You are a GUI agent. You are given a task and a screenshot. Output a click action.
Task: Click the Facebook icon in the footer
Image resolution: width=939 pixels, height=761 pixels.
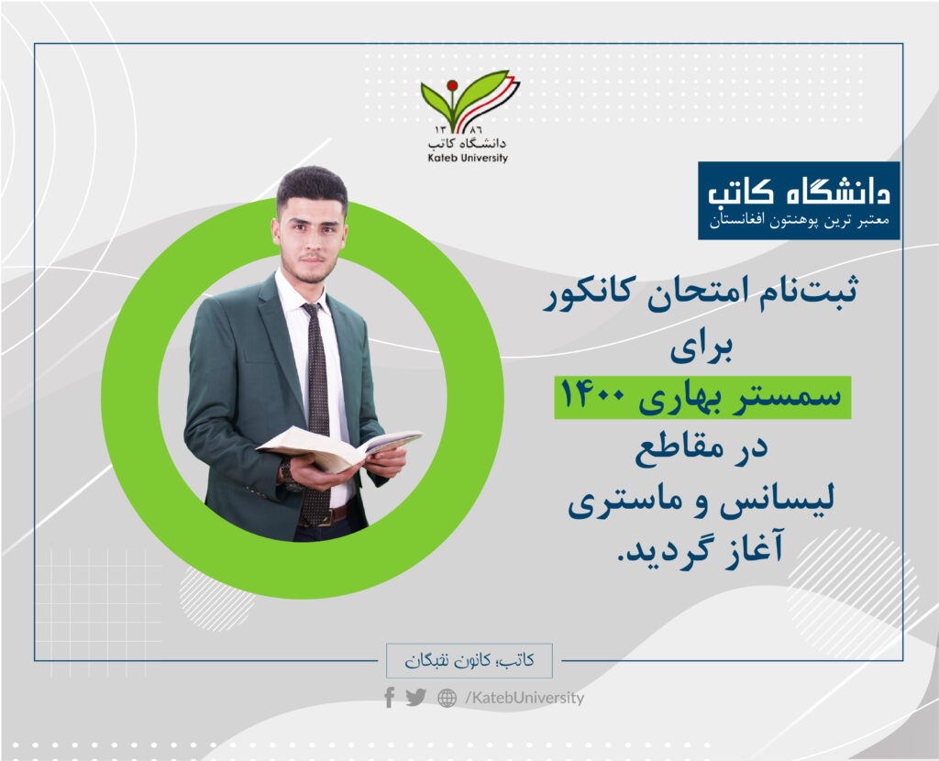(x=389, y=698)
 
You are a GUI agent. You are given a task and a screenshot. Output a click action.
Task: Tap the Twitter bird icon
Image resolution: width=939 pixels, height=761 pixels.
(x=415, y=698)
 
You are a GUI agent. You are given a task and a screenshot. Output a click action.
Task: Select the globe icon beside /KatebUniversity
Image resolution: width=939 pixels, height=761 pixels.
(x=447, y=698)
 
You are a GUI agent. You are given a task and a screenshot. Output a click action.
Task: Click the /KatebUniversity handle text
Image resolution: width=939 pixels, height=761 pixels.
(x=524, y=698)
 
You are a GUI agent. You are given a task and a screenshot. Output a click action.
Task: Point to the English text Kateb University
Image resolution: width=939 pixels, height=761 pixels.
(x=468, y=158)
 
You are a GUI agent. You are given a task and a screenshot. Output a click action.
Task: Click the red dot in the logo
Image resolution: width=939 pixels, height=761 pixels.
(x=452, y=85)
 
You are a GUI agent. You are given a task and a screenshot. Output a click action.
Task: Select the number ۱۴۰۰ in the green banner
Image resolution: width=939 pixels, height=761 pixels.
(x=593, y=396)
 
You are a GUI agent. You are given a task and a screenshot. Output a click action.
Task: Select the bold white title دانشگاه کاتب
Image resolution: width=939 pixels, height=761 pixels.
(x=799, y=192)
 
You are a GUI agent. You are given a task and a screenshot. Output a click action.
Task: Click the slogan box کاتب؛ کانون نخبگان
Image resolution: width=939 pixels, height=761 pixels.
(x=469, y=660)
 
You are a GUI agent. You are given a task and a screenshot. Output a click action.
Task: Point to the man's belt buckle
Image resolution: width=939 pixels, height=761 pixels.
(x=326, y=517)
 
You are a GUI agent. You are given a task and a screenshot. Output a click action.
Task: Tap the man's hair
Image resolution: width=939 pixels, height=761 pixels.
(x=312, y=185)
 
